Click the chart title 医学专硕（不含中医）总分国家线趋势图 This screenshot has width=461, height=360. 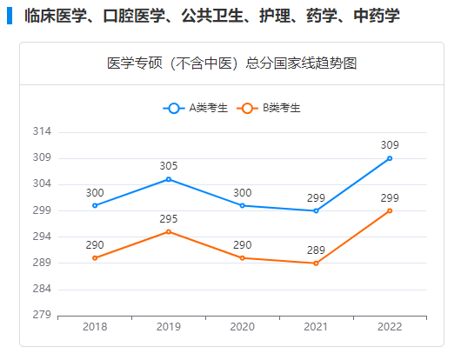pyautogui.click(x=231, y=63)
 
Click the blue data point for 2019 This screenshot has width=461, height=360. pyautogui.click(x=169, y=179)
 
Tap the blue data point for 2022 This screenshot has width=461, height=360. pyautogui.click(x=390, y=158)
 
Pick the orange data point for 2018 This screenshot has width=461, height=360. pyautogui.click(x=95, y=257)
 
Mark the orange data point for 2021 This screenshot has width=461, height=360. pyautogui.click(x=316, y=263)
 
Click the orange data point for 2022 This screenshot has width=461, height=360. pyautogui.click(x=390, y=210)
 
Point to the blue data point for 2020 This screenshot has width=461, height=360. pyautogui.click(x=243, y=205)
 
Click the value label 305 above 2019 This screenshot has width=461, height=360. pyautogui.click(x=169, y=166)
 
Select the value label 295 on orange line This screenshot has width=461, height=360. pyautogui.click(x=169, y=218)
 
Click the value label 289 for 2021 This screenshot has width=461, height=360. pyautogui.click(x=316, y=250)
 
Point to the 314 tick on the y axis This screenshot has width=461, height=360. pyautogui.click(x=42, y=131)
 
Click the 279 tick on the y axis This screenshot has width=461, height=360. pyautogui.click(x=42, y=315)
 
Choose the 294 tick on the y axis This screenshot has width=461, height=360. pyautogui.click(x=42, y=237)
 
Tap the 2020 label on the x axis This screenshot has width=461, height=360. pyautogui.click(x=243, y=327)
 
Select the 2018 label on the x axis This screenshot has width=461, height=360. pyautogui.click(x=95, y=327)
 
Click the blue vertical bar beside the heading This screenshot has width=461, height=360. pyautogui.click(x=10, y=17)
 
